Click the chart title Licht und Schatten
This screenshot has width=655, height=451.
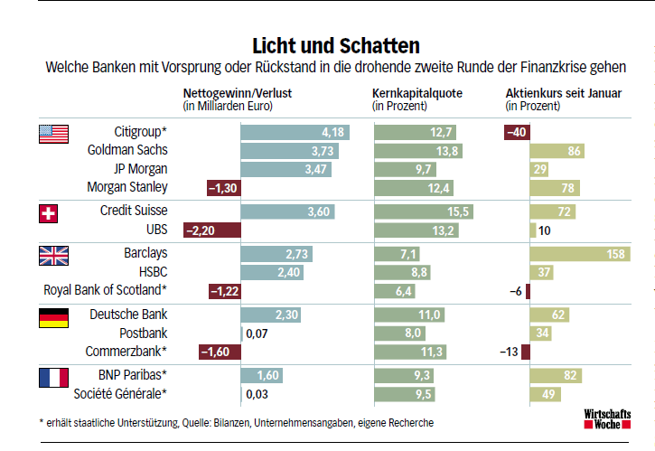[336, 45]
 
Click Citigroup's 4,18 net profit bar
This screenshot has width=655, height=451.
[295, 133]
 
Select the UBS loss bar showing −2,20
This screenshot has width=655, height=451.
[211, 230]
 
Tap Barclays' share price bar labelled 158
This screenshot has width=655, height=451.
[579, 255]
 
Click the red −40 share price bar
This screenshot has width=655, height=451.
[516, 133]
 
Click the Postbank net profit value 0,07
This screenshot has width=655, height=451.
[257, 334]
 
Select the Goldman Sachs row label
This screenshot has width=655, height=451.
[127, 150]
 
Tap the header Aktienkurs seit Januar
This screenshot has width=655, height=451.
[563, 93]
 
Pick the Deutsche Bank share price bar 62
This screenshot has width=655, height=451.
[549, 315]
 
